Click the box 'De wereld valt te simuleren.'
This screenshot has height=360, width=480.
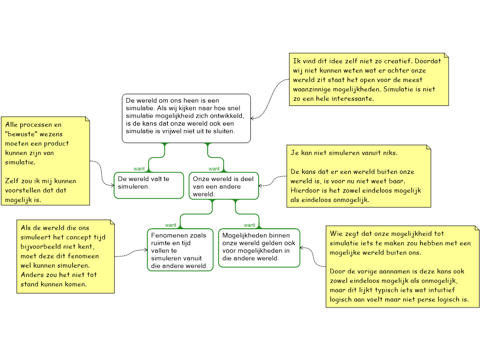[149, 185]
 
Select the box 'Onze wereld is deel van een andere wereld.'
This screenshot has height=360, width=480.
[224, 186]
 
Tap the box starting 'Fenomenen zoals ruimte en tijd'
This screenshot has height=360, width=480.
[180, 250]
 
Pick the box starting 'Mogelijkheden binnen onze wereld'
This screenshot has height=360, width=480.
[259, 248]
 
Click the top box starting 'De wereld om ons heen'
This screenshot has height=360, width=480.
[186, 118]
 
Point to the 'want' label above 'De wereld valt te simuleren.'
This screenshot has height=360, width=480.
[139, 169]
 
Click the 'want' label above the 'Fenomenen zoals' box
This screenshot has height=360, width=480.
[171, 225]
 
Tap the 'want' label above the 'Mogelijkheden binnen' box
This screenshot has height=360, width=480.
[249, 225]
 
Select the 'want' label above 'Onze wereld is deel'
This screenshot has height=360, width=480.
[214, 169]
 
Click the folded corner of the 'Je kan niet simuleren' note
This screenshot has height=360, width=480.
[427, 148]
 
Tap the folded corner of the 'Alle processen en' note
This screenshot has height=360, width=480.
[86, 120]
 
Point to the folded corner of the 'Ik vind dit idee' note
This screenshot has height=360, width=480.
[445, 56]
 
